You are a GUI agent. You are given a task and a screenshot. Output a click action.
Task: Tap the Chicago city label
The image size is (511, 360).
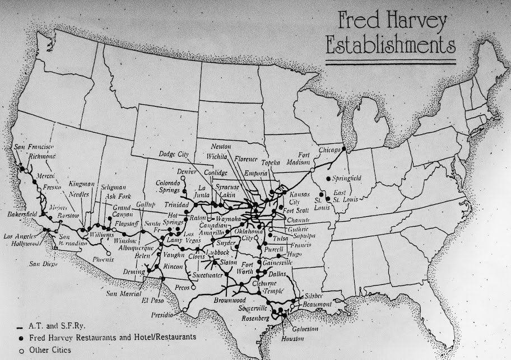(x=330, y=151)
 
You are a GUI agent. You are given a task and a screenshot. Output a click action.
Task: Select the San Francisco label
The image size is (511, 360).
(x=31, y=147)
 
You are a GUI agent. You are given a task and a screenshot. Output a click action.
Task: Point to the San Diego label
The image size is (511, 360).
(x=43, y=263)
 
